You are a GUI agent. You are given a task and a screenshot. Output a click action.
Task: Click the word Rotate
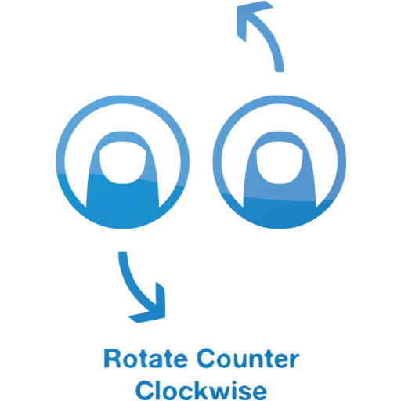[x=146, y=358]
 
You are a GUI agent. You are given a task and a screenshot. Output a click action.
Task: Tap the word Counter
[x=248, y=358]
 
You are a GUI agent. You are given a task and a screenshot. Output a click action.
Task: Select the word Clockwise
[x=201, y=389]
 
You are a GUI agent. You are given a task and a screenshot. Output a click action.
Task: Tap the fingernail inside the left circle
[x=122, y=162]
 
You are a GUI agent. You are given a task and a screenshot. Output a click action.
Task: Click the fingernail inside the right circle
[x=280, y=162]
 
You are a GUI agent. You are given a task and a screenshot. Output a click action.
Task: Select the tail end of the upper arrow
[x=280, y=71]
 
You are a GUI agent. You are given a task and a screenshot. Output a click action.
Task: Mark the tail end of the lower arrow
[x=122, y=252]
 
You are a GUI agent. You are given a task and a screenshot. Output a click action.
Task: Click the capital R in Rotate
[x=112, y=358]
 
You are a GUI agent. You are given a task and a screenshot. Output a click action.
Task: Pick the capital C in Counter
[x=206, y=358]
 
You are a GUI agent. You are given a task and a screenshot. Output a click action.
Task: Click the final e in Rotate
[x=181, y=361]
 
